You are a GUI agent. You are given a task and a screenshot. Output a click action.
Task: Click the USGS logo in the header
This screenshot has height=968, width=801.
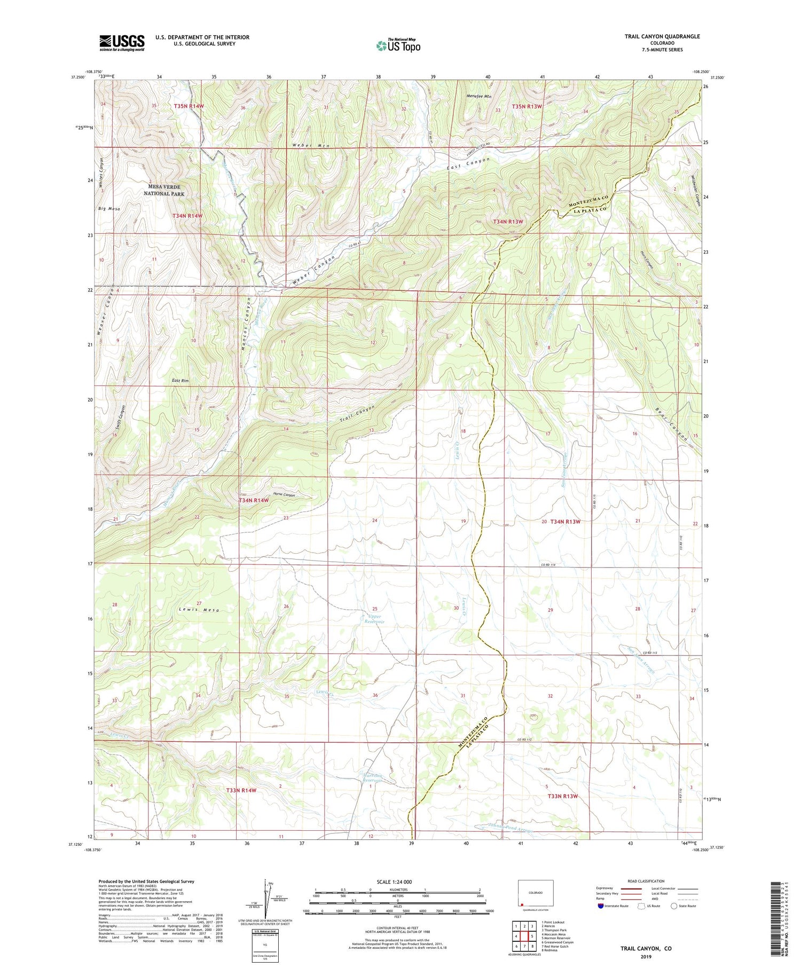pyautogui.click(x=122, y=42)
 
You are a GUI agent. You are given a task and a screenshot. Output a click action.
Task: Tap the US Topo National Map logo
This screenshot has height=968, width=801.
pyautogui.click(x=398, y=45)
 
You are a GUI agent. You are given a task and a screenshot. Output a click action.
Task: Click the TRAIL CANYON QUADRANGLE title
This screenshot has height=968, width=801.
pyautogui.click(x=662, y=36)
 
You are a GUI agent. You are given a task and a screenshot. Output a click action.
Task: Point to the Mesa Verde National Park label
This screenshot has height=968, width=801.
pyautogui.click(x=164, y=190)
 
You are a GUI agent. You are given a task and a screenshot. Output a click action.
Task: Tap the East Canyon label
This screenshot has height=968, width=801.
pyautogui.click(x=468, y=163)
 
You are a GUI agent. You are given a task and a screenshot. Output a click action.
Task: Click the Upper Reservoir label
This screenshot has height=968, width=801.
pyautogui.click(x=374, y=619)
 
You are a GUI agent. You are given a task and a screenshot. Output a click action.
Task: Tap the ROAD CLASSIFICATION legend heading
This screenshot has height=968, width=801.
pyautogui.click(x=646, y=881)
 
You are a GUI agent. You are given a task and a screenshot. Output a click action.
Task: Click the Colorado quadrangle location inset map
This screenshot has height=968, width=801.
pyautogui.click(x=536, y=893)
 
